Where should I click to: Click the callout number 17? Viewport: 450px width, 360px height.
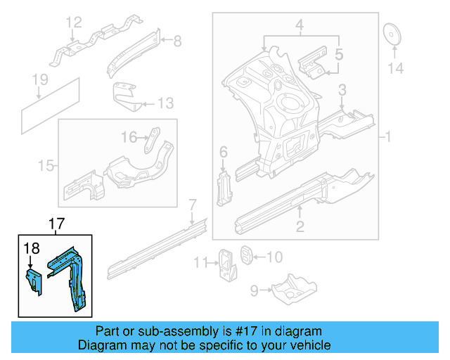[x=56, y=225]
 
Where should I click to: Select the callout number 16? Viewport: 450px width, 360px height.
[x=128, y=136]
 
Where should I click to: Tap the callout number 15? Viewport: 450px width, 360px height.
[x=46, y=166]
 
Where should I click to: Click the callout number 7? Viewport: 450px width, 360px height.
[x=192, y=205]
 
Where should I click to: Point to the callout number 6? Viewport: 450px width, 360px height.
[x=223, y=152]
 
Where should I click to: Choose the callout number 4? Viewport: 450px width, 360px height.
[x=299, y=27]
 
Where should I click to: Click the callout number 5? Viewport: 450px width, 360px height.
[x=338, y=53]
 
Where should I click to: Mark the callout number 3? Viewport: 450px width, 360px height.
[x=342, y=90]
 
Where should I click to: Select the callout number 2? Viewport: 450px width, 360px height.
[x=300, y=226]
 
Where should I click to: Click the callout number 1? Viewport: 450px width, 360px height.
[x=386, y=136]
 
